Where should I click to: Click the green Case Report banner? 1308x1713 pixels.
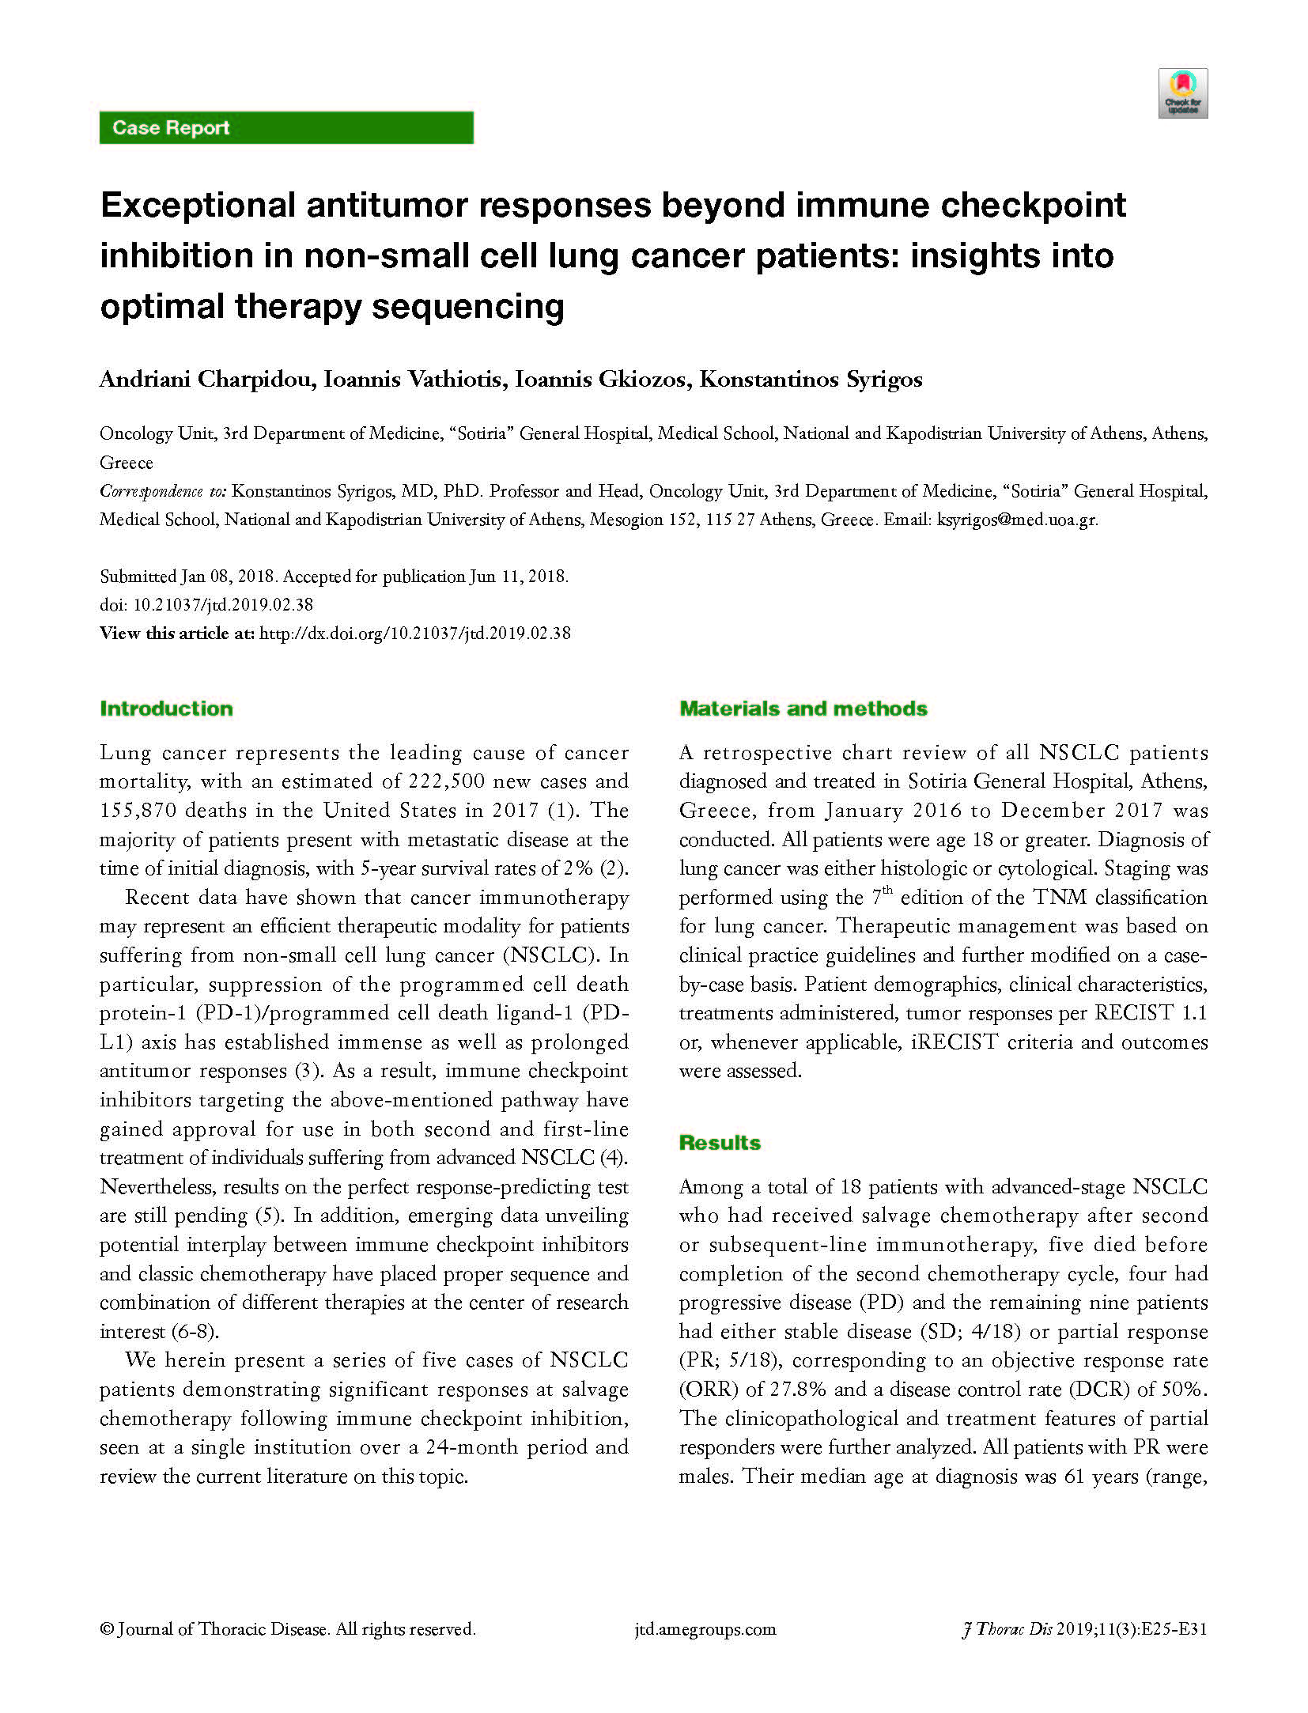(285, 127)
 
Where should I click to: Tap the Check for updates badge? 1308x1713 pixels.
(1182, 93)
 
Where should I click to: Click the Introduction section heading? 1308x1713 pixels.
(166, 709)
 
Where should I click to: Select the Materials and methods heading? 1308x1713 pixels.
(803, 709)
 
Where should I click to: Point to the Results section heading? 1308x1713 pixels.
(719, 1143)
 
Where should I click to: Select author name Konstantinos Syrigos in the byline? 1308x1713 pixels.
(811, 380)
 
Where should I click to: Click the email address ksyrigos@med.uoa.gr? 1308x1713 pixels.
(1016, 520)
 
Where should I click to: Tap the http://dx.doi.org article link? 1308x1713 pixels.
(414, 633)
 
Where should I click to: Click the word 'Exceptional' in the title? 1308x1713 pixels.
(198, 206)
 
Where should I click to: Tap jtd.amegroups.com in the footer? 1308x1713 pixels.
(705, 1629)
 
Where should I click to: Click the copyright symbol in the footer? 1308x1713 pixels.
(106, 1629)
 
